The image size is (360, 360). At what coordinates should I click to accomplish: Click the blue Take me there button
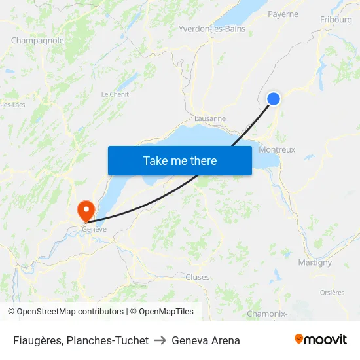(x=179, y=160)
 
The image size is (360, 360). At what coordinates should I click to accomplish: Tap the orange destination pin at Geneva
(x=86, y=209)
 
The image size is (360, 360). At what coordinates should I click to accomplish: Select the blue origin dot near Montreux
(x=274, y=99)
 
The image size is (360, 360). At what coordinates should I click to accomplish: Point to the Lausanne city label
(x=210, y=119)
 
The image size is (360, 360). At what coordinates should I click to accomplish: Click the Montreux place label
(x=277, y=149)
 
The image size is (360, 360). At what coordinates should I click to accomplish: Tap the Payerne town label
(x=283, y=14)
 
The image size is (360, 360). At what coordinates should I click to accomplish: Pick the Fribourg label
(x=336, y=20)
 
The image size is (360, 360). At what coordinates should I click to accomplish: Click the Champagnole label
(x=37, y=41)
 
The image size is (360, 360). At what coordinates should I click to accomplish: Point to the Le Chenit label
(x=115, y=94)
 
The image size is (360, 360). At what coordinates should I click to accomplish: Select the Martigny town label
(x=315, y=262)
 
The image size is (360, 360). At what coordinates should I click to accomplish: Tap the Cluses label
(x=198, y=277)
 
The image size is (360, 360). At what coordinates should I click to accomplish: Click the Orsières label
(x=332, y=293)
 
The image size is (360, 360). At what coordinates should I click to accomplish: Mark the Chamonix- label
(x=266, y=314)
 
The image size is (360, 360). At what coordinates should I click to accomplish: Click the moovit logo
(x=320, y=340)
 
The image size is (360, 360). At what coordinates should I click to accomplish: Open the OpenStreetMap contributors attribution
(x=70, y=312)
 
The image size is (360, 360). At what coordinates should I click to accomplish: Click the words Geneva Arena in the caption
(x=206, y=340)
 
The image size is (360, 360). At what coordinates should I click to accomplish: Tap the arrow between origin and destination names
(x=160, y=340)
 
